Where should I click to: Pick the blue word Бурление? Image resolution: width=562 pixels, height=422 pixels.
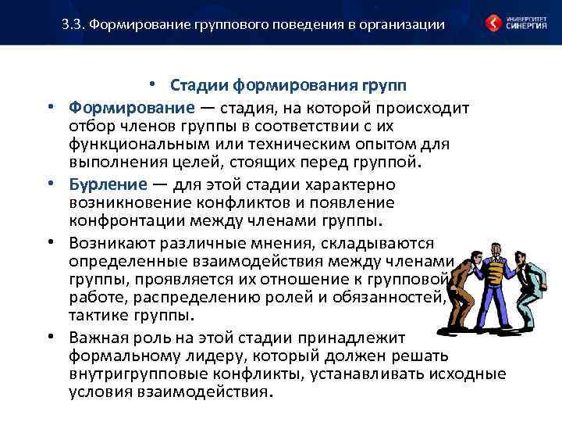107,185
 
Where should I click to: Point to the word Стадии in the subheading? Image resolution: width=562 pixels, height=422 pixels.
197,84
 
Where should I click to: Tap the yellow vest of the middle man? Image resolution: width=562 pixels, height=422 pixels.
495,274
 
